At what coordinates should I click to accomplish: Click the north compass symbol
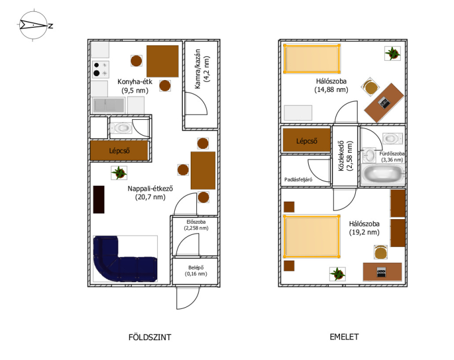[34, 25]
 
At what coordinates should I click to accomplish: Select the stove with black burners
[100, 69]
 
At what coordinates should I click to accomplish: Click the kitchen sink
[108, 105]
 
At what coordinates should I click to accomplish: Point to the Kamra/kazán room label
[201, 69]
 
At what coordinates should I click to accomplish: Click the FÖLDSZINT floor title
[150, 337]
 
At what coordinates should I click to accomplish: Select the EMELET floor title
[344, 337]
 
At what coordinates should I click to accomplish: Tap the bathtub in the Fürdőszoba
[382, 174]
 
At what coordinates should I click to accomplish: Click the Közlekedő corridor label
[346, 156]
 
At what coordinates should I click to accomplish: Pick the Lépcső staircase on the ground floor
[119, 150]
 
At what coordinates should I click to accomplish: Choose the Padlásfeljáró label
[299, 179]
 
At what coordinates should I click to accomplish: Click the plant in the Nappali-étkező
[119, 173]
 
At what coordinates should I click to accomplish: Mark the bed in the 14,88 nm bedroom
[312, 59]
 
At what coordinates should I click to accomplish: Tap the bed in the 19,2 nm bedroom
[311, 236]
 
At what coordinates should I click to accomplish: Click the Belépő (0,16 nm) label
[196, 271]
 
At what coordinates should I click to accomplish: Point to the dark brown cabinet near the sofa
[99, 199]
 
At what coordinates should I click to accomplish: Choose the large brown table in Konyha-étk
[162, 61]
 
